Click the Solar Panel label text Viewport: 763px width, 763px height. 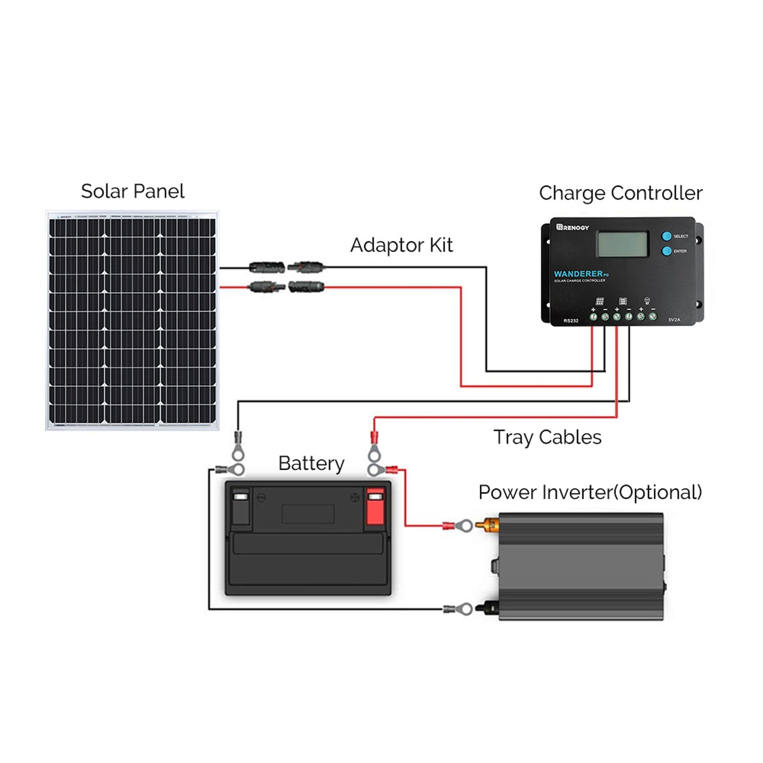[133, 191]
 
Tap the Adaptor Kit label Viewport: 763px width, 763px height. [401, 245]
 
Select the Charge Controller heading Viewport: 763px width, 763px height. [620, 193]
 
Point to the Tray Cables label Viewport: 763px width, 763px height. [547, 437]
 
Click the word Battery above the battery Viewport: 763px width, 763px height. [311, 463]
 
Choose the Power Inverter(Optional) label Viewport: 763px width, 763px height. [590, 492]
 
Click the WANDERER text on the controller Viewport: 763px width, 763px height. [578, 274]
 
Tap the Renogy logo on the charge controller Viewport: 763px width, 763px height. [573, 227]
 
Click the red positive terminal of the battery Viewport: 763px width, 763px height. [375, 507]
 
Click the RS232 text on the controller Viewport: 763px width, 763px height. [571, 321]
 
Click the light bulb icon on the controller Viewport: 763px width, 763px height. [647, 301]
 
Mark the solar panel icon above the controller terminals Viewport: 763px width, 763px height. [599, 301]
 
